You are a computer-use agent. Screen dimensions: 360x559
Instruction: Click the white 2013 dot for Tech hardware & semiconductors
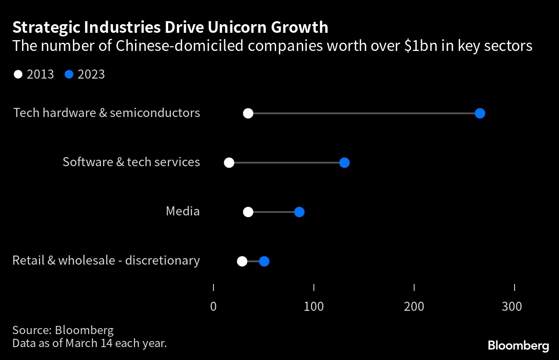248,114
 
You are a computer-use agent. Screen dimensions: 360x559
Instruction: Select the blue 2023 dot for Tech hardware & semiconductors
480,114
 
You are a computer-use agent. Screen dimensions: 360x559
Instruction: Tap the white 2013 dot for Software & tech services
229,163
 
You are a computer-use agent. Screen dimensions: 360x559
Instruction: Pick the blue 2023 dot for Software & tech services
344,163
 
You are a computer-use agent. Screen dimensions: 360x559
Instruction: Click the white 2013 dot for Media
248,212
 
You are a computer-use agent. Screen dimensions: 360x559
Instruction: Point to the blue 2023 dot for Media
299,212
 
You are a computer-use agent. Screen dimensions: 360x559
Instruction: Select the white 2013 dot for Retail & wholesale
242,261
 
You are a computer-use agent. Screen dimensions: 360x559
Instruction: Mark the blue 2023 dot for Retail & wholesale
264,261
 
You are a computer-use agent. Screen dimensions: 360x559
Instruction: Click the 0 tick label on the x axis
214,306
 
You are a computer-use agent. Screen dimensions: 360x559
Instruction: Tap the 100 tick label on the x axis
314,306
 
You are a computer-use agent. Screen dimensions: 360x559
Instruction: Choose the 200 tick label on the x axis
414,306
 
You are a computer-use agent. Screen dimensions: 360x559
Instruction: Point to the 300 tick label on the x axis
512,306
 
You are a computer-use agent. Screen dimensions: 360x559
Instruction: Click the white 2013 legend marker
18,74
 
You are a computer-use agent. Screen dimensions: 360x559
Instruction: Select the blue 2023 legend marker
69,74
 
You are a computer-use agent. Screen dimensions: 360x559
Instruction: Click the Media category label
183,211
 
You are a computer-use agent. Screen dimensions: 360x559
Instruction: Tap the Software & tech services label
131,162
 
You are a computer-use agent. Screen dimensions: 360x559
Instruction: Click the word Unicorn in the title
236,28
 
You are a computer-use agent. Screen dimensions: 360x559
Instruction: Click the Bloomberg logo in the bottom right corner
518,345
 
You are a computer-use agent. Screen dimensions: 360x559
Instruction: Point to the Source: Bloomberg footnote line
63,330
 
